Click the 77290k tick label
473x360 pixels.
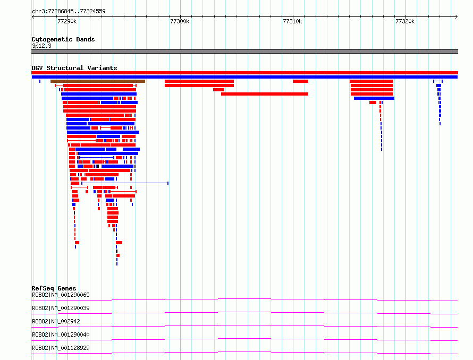(67, 21)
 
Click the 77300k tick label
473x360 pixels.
(180, 21)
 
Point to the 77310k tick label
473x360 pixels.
(292, 21)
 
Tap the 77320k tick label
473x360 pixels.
(405, 21)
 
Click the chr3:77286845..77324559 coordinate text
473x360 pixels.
(69, 12)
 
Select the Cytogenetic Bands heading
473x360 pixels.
(63, 39)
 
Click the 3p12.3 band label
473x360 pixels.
(41, 46)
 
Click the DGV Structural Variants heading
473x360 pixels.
(74, 68)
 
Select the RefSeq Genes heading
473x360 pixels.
(54, 288)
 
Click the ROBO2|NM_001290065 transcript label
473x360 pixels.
(61, 295)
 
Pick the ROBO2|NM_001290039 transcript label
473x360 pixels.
(61, 308)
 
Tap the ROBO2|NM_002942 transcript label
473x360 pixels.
(56, 321)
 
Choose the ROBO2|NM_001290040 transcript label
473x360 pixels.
(61, 335)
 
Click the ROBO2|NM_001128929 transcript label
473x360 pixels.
(61, 348)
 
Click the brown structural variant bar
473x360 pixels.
(98, 81)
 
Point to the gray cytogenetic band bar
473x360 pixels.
(244, 52)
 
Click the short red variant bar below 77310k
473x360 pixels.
(300, 81)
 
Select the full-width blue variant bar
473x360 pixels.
(244, 77)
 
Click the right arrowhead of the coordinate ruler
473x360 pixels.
(457, 17)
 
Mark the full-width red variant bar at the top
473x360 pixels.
(244, 73)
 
